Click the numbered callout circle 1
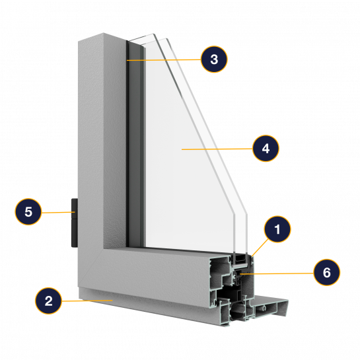pos(277,229)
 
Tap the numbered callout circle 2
pos(48,301)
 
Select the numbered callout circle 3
pos(214,59)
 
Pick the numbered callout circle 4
pos(266,149)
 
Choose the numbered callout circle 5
pos(28,211)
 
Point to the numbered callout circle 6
pos(327,272)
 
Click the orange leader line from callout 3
pos(164,60)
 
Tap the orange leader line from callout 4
pos(217,149)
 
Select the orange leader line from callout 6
pos(277,273)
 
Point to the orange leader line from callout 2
pos(87,301)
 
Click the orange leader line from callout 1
pos(260,248)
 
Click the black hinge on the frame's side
pos(75,223)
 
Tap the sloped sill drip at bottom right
pos(270,306)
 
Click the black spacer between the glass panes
pos(240,258)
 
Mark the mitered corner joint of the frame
pos(90,268)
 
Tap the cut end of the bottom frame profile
pos(232,289)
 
